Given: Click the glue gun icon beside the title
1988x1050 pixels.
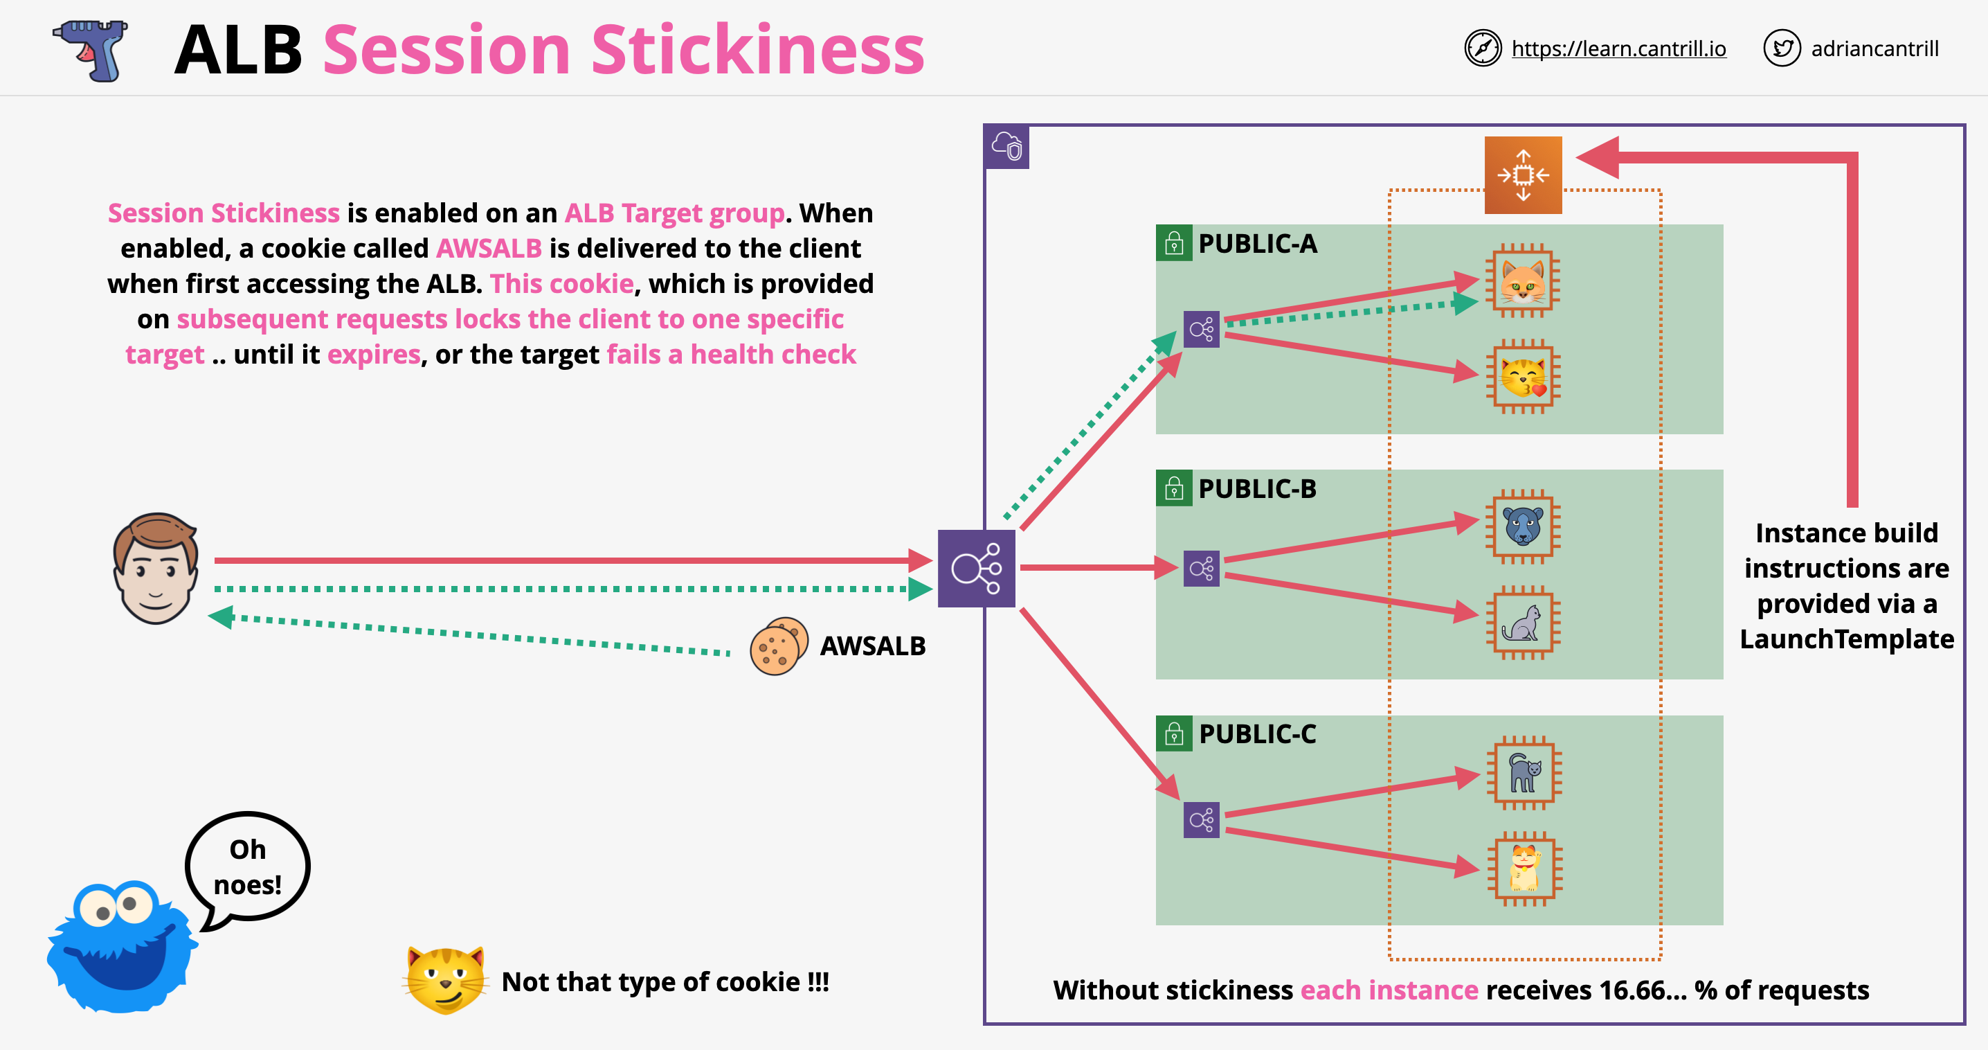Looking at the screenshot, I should [91, 50].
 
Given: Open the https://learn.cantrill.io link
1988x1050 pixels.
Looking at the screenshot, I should [1618, 48].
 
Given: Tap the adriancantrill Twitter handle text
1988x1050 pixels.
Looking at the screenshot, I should [1874, 48].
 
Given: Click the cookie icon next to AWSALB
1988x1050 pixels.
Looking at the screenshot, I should [778, 646].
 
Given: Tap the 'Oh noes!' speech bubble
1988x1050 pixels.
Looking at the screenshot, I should [247, 866].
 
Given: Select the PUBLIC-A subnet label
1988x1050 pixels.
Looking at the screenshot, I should [1256, 244].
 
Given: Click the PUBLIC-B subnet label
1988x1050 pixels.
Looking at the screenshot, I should [1256, 489].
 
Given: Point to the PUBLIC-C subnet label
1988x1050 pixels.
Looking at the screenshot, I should [1256, 733].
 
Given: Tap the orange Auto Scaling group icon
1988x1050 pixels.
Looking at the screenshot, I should [1523, 175].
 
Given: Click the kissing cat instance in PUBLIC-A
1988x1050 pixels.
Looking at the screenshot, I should [1523, 377].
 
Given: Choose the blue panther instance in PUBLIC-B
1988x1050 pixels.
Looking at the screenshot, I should [1523, 526].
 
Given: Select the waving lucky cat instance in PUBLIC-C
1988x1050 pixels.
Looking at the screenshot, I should [1524, 868].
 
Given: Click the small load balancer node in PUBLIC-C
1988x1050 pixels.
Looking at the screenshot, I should [1201, 819].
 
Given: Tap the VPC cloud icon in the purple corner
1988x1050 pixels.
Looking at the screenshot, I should [1007, 146].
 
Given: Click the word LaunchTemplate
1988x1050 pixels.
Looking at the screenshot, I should [1846, 639].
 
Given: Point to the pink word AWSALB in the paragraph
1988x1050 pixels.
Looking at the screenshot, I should [489, 249].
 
